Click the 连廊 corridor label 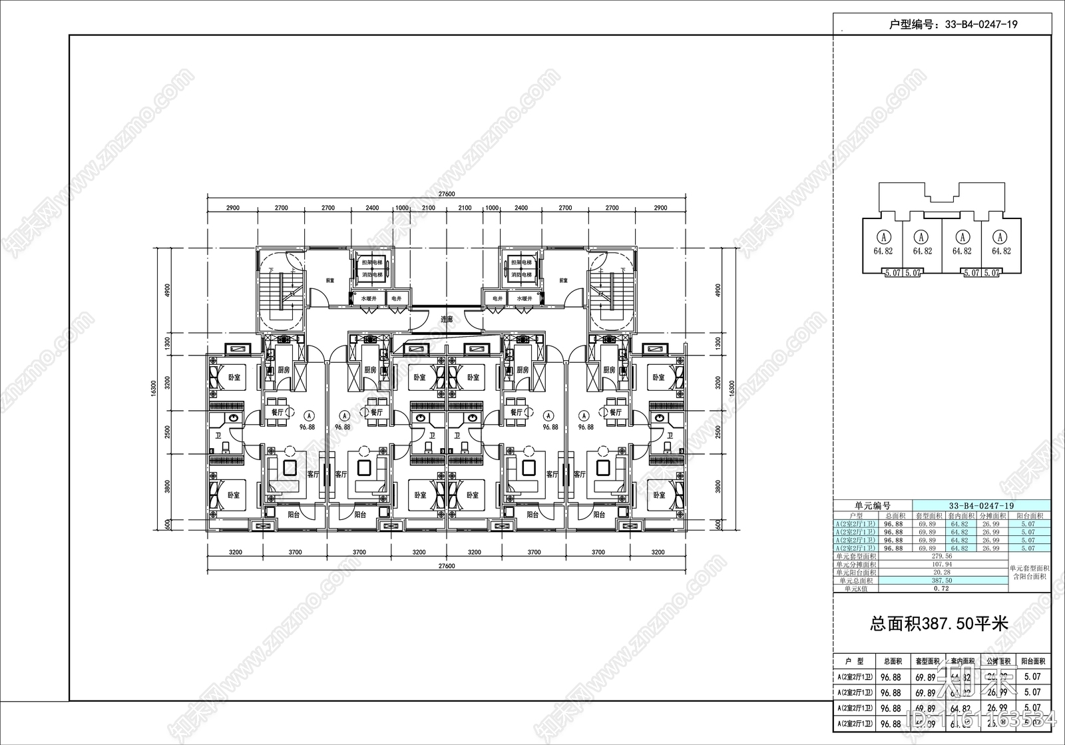[447, 320]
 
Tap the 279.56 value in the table [942, 555]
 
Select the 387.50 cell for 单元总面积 [942, 581]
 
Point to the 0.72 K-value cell [942, 589]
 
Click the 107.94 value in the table [942, 564]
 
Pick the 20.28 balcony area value [942, 572]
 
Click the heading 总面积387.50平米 [939, 624]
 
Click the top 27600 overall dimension [447, 194]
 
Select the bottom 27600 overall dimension [447, 566]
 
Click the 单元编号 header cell [872, 506]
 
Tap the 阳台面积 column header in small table [1031, 515]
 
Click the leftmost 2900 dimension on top [232, 208]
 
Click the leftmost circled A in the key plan [883, 236]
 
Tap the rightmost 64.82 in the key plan [1001, 251]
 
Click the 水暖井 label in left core [369, 299]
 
